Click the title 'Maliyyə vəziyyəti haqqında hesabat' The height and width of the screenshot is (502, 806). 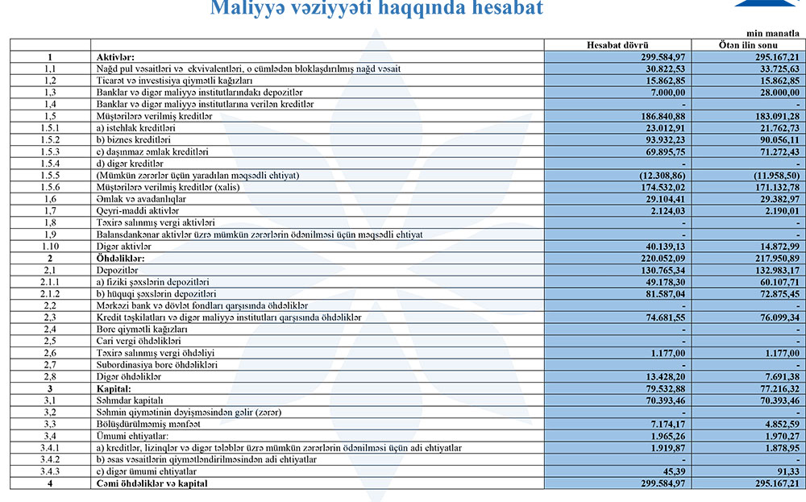(x=376, y=9)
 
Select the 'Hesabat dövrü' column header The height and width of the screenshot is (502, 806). (x=617, y=45)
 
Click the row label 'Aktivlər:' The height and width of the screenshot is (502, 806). (x=115, y=57)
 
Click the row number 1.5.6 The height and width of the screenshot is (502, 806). (x=50, y=187)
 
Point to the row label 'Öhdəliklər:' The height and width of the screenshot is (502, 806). (x=120, y=258)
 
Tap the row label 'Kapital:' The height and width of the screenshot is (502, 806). (x=114, y=388)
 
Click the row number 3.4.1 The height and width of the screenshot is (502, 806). (x=50, y=447)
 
